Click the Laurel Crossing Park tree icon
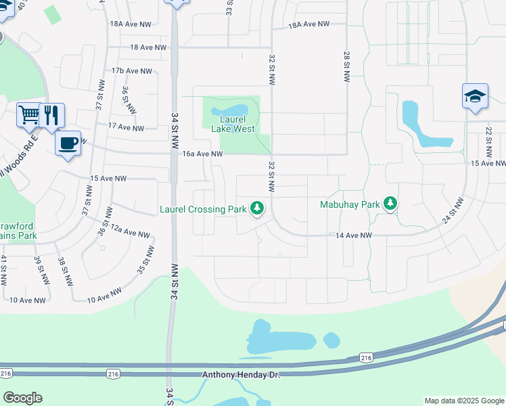[x=256, y=208]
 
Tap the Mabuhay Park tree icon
[x=390, y=203]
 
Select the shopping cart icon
[x=28, y=115]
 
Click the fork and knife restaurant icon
[x=51, y=115]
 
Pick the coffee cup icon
[x=68, y=143]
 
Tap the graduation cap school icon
[x=475, y=96]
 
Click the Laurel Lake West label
[x=233, y=124]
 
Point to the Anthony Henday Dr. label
[x=240, y=374]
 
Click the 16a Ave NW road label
[x=202, y=154]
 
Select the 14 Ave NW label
[x=354, y=235]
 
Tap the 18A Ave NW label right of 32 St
[x=308, y=24]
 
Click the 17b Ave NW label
[x=132, y=71]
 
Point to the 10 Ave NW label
[x=28, y=300]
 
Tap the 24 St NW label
[x=453, y=210]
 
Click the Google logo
[x=22, y=398]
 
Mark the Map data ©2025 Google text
[x=463, y=401]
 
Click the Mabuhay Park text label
[x=350, y=204]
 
